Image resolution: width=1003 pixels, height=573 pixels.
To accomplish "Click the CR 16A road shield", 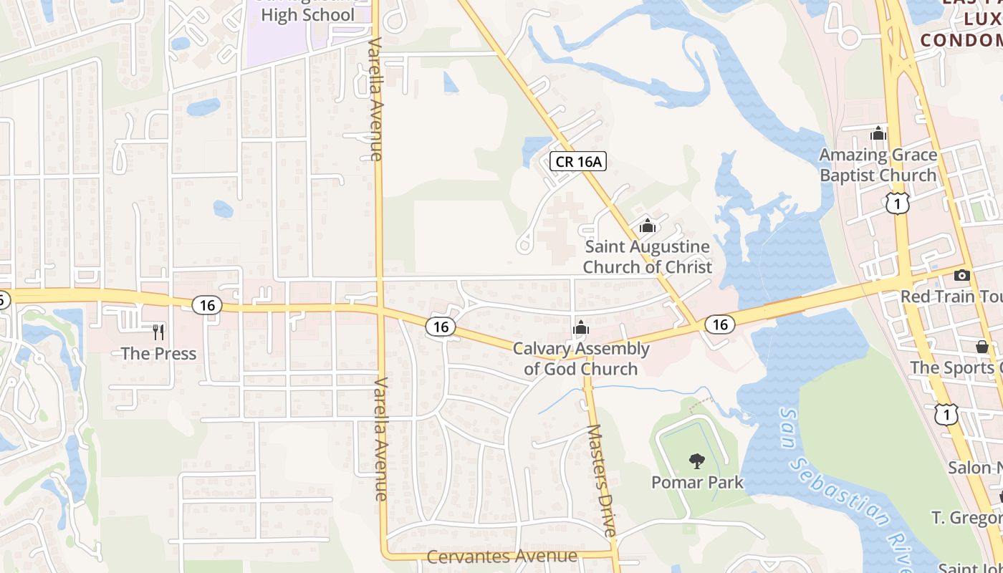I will click(578, 161).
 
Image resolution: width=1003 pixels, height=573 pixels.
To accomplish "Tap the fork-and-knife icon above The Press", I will click(158, 332).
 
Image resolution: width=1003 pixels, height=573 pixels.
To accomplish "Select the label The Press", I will click(158, 353).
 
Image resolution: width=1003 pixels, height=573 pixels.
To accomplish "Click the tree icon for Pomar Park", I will click(696, 461).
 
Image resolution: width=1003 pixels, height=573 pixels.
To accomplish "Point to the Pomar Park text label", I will click(697, 482).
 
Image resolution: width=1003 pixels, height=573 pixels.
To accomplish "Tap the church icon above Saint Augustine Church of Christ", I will click(648, 226).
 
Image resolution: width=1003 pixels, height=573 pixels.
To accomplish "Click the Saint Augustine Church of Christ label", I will click(648, 256).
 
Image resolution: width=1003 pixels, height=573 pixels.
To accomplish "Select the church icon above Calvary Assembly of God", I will click(580, 327).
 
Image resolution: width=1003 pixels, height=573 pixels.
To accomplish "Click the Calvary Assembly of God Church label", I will click(581, 359).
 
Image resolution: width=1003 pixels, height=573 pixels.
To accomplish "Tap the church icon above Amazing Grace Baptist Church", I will click(878, 133).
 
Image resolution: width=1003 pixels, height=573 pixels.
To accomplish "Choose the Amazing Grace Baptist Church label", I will click(878, 165).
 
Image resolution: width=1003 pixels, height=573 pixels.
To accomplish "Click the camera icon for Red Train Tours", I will click(962, 276).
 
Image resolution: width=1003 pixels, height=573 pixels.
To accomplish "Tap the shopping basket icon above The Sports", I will click(982, 347).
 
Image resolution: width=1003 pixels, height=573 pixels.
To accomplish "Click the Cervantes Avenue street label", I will click(501, 557).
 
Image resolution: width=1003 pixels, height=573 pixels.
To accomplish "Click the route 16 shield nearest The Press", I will click(207, 305).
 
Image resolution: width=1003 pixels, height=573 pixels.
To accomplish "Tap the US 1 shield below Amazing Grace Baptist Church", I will click(897, 204).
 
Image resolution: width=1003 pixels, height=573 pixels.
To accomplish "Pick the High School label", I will click(307, 14).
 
